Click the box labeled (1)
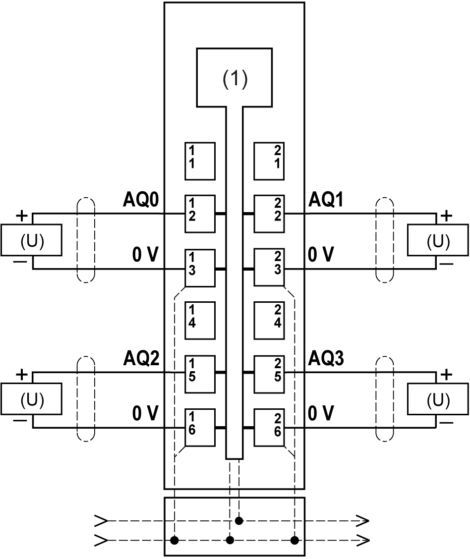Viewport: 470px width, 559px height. pos(234,77)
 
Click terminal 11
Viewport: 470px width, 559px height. pos(200,161)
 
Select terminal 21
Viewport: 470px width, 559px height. pos(269,161)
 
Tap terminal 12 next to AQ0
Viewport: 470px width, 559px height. pos(200,214)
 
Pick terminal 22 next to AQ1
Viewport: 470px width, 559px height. pos(269,214)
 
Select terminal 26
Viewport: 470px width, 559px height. pos(269,427)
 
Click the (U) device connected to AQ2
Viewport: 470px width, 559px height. pos(32,399)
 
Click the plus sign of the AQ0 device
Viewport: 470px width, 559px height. pos(22,216)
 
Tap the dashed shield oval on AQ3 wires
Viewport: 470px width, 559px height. pos(384,398)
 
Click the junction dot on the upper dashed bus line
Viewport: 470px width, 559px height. pos(239,521)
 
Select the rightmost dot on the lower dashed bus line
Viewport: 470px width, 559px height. pos(294,540)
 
